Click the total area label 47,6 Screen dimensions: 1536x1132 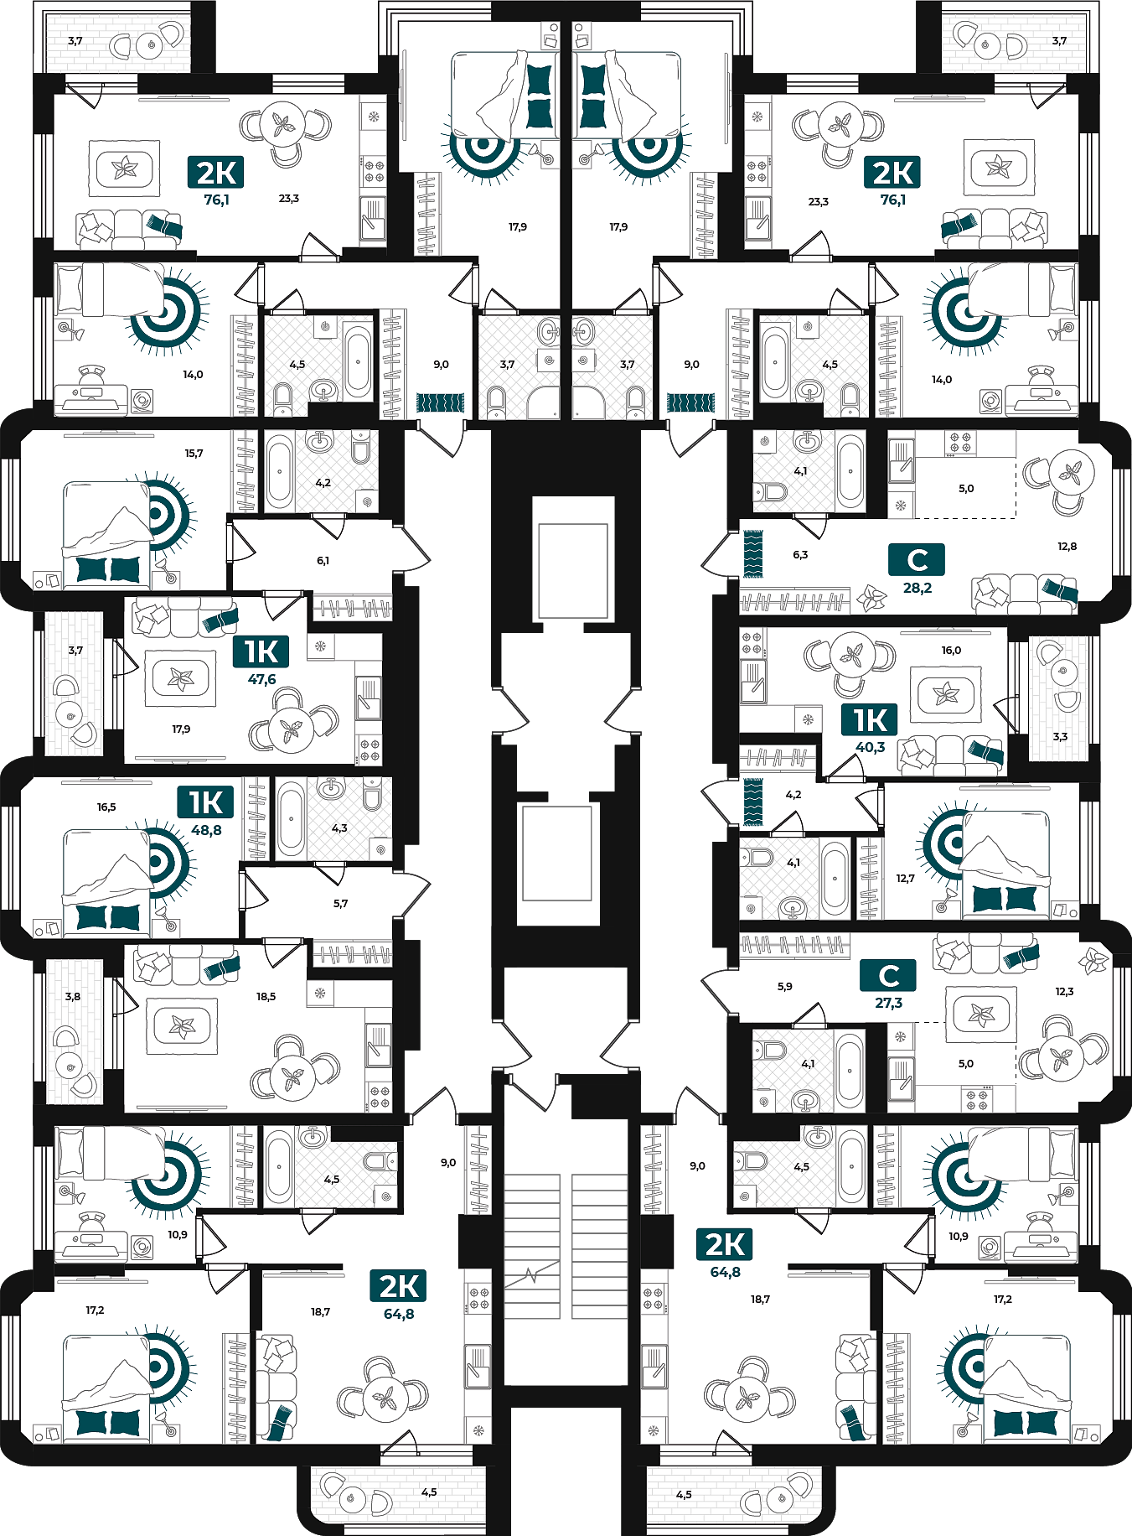[261, 679]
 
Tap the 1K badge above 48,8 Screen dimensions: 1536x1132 [206, 802]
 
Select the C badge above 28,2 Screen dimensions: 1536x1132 [917, 559]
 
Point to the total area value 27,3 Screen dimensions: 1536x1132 [888, 1002]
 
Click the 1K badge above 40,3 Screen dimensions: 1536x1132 [871, 719]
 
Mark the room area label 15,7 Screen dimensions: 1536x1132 [194, 453]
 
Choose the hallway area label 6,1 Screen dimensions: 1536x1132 [323, 560]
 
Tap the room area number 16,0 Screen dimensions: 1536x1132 [951, 650]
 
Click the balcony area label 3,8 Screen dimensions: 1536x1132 [73, 996]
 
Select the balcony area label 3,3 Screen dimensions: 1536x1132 [1060, 736]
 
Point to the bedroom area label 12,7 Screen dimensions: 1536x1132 [905, 878]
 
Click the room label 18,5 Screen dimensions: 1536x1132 [266, 996]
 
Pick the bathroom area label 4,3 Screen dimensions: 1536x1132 [339, 828]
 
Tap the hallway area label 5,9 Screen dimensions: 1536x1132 [784, 986]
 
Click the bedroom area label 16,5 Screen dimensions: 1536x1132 [106, 807]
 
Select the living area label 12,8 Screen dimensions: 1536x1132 [1067, 546]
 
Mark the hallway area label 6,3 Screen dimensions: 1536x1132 [800, 554]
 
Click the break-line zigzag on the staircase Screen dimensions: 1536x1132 [531, 1276]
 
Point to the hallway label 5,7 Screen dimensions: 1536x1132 [340, 903]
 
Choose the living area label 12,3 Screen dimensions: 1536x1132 [1064, 991]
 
